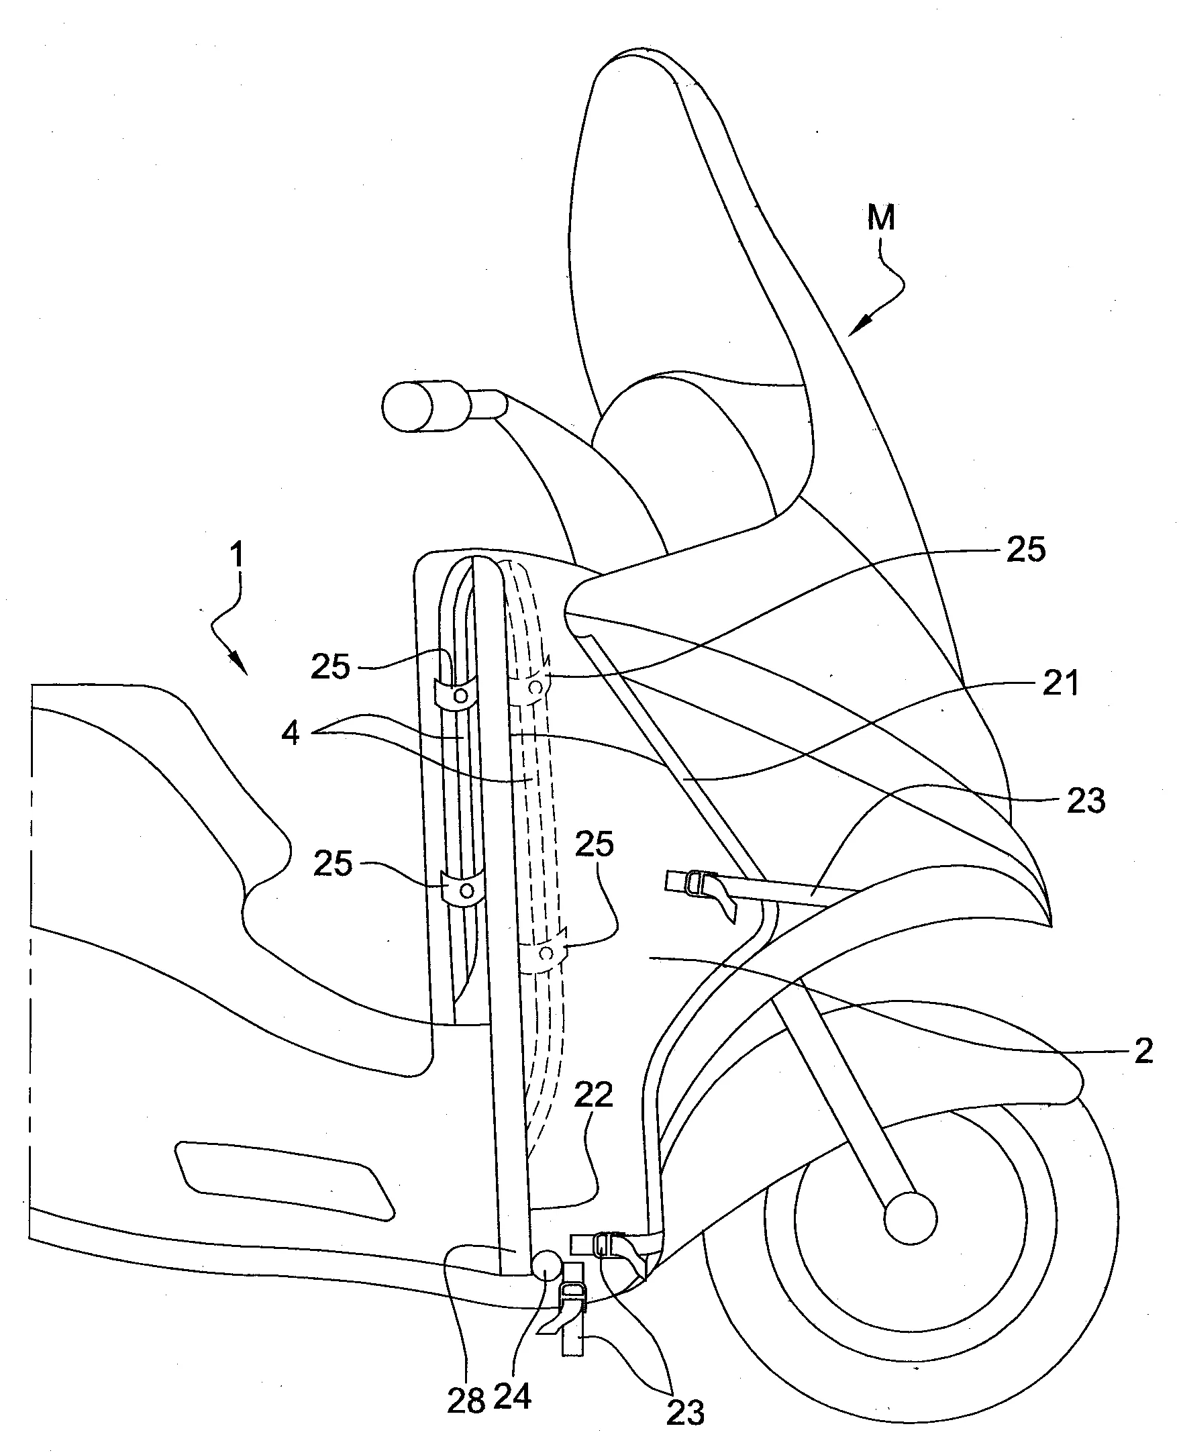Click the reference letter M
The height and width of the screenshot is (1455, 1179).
(881, 219)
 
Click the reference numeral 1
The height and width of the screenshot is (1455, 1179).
(236, 555)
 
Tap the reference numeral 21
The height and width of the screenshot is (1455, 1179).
(1060, 682)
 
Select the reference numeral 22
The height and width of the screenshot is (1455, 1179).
(593, 1094)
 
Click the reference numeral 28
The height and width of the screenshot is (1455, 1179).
(466, 1401)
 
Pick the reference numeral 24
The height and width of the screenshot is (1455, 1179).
(511, 1397)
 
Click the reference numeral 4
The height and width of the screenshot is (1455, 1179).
(290, 734)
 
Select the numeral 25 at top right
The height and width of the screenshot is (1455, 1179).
(1025, 549)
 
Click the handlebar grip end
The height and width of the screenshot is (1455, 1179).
(407, 407)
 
